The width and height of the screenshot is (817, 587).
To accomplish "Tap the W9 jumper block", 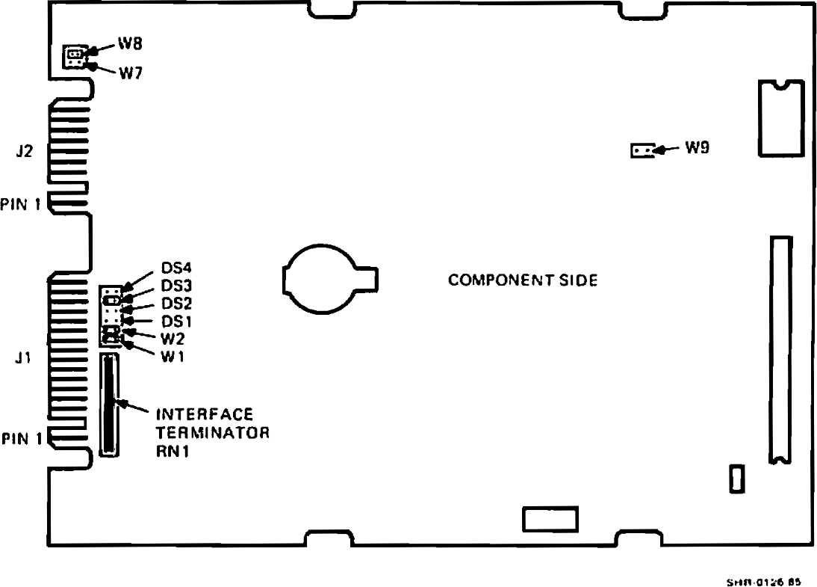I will (642, 151).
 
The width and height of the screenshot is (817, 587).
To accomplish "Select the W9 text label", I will (698, 148).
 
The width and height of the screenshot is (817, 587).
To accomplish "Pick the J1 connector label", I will (23, 358).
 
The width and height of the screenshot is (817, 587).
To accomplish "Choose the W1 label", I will (172, 356).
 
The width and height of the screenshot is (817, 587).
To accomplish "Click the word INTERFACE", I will (205, 414).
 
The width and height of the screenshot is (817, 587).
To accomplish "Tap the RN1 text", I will (172, 450).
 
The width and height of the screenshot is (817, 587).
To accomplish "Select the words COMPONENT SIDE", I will (523, 280).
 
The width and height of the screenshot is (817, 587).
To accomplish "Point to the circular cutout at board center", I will (321, 279).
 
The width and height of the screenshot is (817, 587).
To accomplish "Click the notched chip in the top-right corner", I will (780, 118).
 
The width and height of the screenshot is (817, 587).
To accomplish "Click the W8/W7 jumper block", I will (74, 56).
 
